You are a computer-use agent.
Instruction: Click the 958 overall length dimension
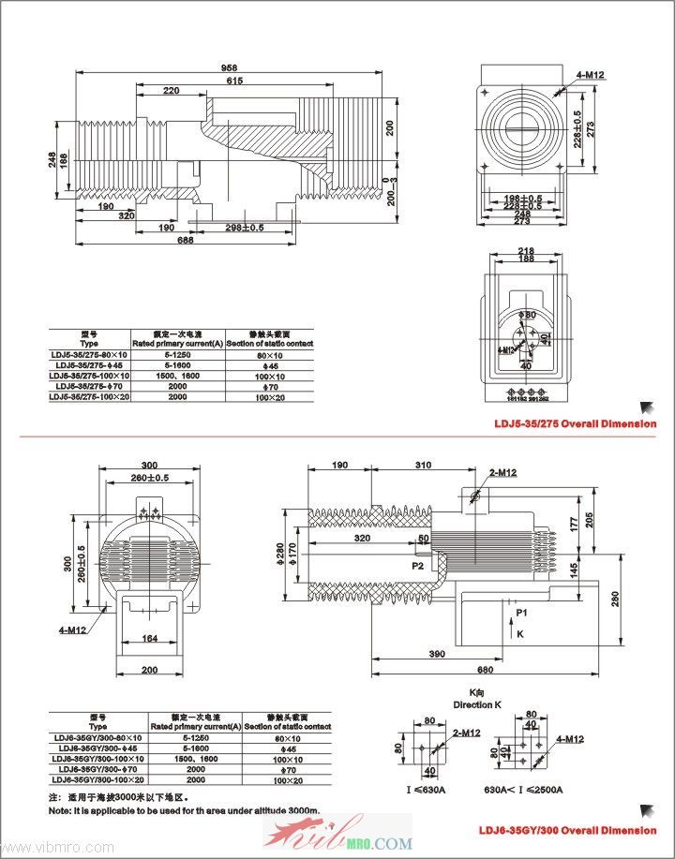point(230,67)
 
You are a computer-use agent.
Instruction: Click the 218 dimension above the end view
point(525,250)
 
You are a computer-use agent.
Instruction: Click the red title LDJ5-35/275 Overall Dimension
point(576,423)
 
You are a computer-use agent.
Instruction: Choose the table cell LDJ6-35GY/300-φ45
point(98,748)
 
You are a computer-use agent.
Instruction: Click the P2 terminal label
point(417,566)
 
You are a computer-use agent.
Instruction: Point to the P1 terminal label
point(520,612)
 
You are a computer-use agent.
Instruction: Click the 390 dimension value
point(435,652)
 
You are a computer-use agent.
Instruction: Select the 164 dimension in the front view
point(150,640)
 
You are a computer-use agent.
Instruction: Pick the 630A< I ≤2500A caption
point(524,790)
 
